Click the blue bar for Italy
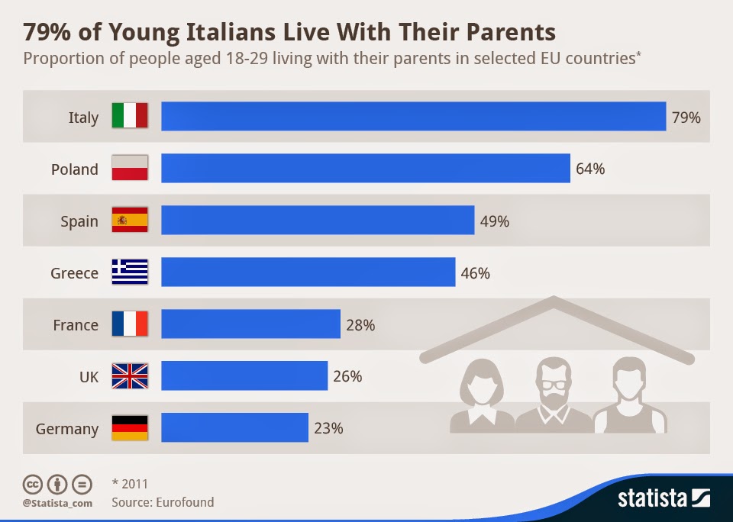tap(413, 117)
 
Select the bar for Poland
tap(365, 169)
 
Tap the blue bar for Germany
tap(234, 428)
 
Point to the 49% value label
tap(494, 221)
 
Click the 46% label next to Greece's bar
tap(475, 273)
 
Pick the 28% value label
tap(360, 325)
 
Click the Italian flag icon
tap(130, 117)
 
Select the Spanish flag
tap(130, 221)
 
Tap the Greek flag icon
tap(130, 272)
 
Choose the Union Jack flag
tap(130, 376)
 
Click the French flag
tap(130, 324)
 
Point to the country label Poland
tap(75, 169)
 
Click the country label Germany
tap(67, 429)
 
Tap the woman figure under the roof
tap(482, 393)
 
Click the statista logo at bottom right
tap(663, 499)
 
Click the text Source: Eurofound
tap(163, 502)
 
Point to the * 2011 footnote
tap(130, 484)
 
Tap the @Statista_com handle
tap(57, 503)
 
